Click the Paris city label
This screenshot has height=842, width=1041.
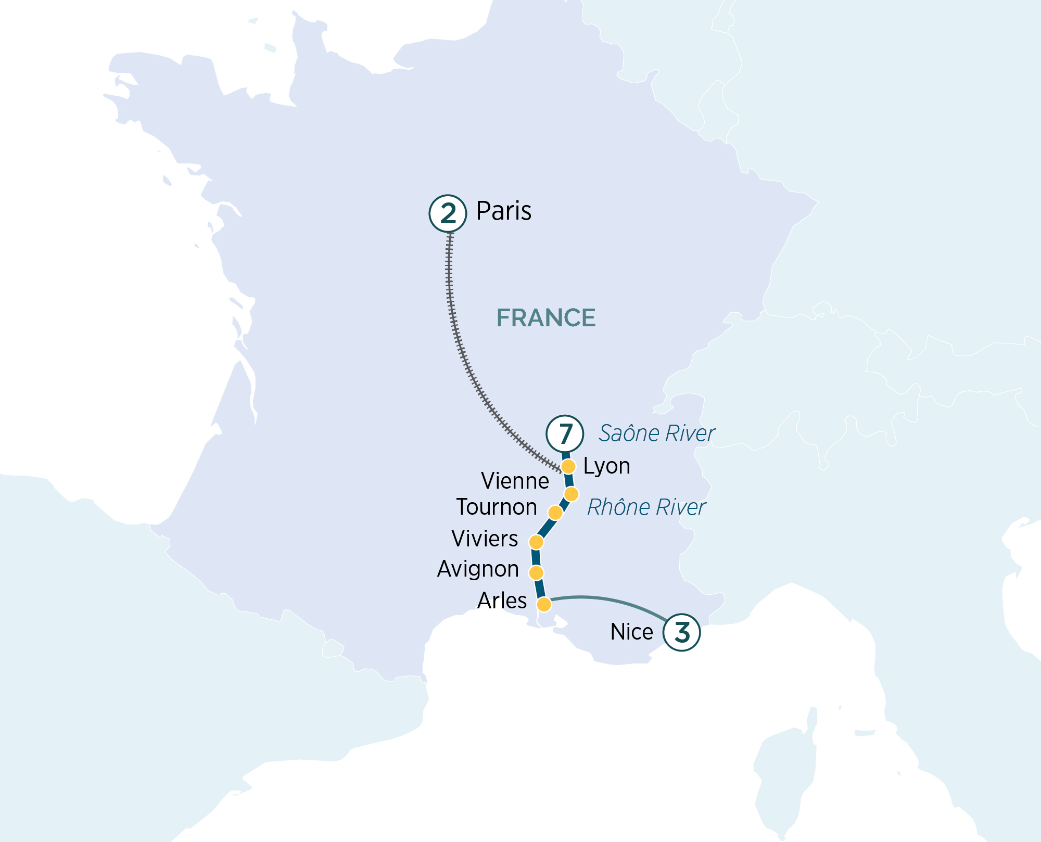(503, 211)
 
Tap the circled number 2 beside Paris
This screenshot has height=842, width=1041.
(448, 213)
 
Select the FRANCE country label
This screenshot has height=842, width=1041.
(545, 318)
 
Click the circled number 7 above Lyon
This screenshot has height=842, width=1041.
(565, 433)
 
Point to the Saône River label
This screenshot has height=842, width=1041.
(656, 433)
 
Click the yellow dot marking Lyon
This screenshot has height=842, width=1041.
(568, 466)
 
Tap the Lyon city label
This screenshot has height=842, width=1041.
(606, 466)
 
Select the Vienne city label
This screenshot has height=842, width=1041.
(515, 481)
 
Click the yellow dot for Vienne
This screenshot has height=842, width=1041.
(572, 494)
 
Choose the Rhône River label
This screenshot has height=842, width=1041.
(646, 507)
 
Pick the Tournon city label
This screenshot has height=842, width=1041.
(497, 507)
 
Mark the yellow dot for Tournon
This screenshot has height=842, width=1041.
(555, 513)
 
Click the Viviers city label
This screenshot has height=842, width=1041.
(485, 539)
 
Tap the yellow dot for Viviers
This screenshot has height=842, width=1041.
(536, 542)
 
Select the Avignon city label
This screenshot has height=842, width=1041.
(478, 569)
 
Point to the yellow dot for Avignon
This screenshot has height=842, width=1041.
(536, 573)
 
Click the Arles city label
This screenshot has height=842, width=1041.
(502, 601)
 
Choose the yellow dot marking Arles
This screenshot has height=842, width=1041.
(544, 604)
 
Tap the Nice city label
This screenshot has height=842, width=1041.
(631, 632)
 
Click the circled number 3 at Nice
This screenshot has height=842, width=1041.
(681, 632)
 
